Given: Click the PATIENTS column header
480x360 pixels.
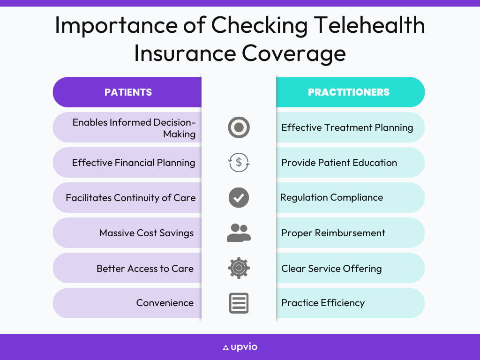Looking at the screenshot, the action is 128,92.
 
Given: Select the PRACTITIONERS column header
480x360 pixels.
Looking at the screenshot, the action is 349,92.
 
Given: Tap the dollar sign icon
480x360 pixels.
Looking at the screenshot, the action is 239,162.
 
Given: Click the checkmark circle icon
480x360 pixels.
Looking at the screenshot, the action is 239,197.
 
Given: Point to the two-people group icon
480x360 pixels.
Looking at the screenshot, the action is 239,232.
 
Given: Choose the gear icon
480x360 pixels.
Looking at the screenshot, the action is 239,268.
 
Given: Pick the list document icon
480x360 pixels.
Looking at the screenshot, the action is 239,303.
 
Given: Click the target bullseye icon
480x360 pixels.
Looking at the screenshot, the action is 239,127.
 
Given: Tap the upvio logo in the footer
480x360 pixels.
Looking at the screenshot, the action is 240,347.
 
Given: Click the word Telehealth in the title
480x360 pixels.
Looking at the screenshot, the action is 369,25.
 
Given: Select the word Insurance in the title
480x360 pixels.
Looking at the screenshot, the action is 185,53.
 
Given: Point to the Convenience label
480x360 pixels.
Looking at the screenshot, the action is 165,303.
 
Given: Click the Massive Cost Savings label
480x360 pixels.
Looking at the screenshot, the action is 146,233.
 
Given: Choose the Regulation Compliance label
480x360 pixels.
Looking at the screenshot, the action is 331,198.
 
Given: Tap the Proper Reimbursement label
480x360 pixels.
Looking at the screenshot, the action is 333,233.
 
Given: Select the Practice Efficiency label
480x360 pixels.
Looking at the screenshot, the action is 323,303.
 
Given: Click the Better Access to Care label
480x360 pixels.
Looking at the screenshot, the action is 145,269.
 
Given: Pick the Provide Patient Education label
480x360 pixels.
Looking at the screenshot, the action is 339,163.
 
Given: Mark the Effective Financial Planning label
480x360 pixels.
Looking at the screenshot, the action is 134,163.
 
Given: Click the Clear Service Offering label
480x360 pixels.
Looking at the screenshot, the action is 331,269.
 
